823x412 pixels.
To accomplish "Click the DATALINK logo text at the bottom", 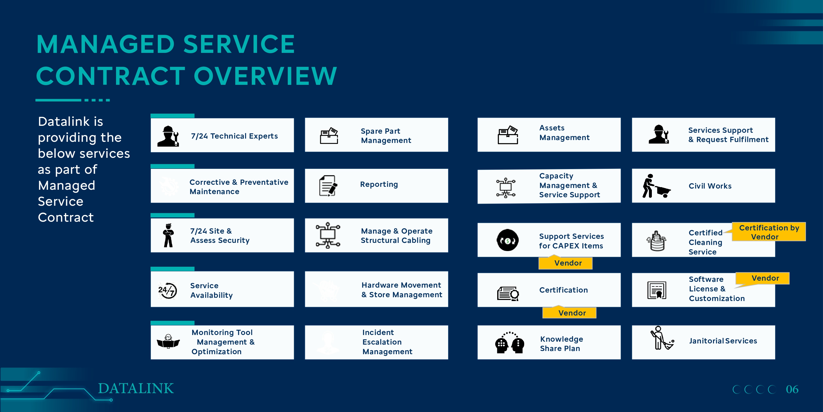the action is point(136,388).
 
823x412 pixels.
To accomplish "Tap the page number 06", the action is point(792,389).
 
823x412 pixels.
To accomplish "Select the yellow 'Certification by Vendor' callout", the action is point(769,232).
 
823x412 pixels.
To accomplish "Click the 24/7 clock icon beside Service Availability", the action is point(167,291).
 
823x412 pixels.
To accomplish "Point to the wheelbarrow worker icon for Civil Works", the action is point(656,186).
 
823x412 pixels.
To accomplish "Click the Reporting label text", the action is point(379,184).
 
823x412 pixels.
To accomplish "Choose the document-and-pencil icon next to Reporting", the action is point(328,186).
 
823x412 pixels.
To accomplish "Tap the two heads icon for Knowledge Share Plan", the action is point(510,343).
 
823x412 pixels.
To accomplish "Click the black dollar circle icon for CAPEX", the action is point(507,240).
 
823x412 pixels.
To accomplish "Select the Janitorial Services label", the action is point(723,341).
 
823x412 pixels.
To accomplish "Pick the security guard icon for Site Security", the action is point(168,235).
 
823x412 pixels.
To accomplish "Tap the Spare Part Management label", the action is point(386,136).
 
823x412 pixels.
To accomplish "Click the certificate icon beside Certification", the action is point(508,294).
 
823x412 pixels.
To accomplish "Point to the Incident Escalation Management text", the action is point(387,342).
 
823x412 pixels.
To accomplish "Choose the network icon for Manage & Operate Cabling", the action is point(328,235).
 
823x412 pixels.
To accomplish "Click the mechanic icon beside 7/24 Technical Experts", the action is point(168,136).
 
